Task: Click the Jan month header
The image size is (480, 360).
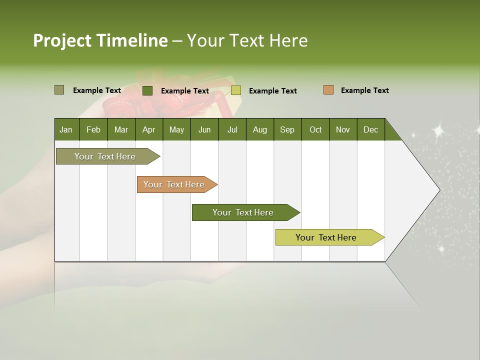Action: coord(66,129)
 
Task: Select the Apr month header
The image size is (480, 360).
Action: coord(149,129)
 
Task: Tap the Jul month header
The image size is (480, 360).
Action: coord(232,129)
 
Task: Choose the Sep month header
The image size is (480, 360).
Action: coord(287,129)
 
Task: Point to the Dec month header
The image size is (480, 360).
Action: coord(371,129)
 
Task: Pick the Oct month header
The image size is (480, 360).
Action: coord(315,129)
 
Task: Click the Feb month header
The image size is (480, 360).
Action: coord(93,129)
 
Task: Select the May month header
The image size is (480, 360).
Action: coord(176,129)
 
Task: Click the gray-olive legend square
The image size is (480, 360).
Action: coord(59,90)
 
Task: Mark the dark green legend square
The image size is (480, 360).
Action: coord(147,90)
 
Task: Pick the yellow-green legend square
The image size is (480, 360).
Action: coord(236,90)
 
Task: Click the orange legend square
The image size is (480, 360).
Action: coord(328,90)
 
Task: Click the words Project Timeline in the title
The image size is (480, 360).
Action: coord(100,40)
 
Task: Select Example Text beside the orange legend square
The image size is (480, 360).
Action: coord(364,90)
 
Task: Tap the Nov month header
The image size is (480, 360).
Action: coord(343,129)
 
